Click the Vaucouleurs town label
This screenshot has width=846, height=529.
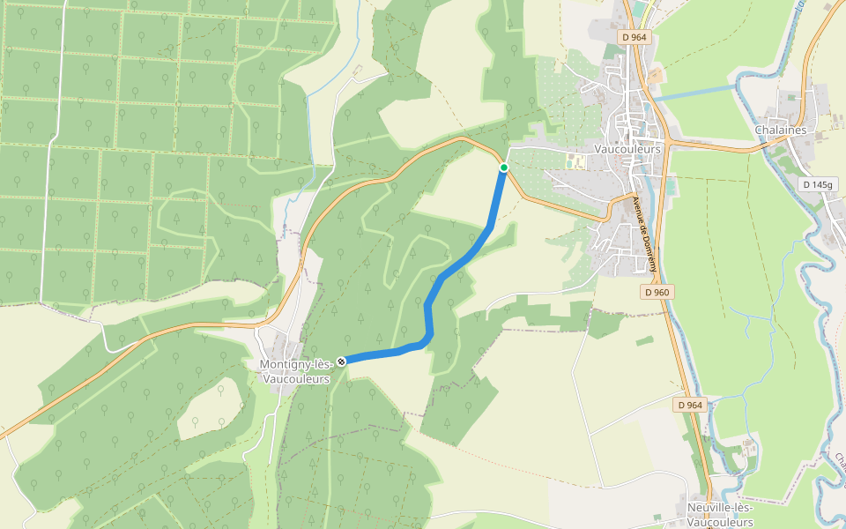[627, 150]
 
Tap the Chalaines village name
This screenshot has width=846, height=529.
[781, 130]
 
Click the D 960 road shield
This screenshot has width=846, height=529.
[657, 292]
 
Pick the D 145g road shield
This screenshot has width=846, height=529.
[818, 184]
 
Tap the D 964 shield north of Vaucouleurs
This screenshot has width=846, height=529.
[634, 37]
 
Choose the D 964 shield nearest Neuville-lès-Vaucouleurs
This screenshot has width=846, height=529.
[691, 405]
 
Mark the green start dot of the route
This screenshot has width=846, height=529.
[504, 168]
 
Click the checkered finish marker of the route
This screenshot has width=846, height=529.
[341, 360]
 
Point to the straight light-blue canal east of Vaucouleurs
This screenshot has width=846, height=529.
[696, 92]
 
